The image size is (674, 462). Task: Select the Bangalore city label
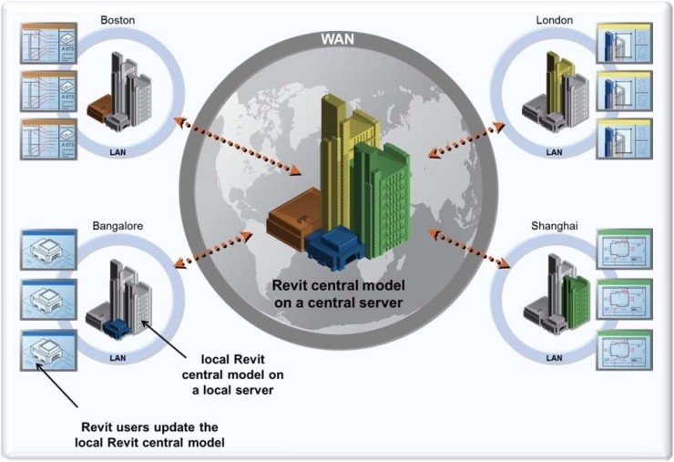tap(117, 224)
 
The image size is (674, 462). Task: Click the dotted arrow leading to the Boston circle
tap(241, 143)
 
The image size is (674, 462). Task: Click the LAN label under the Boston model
tap(117, 152)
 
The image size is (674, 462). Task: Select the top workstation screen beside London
tap(622, 43)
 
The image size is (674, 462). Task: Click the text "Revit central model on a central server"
tap(336, 293)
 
